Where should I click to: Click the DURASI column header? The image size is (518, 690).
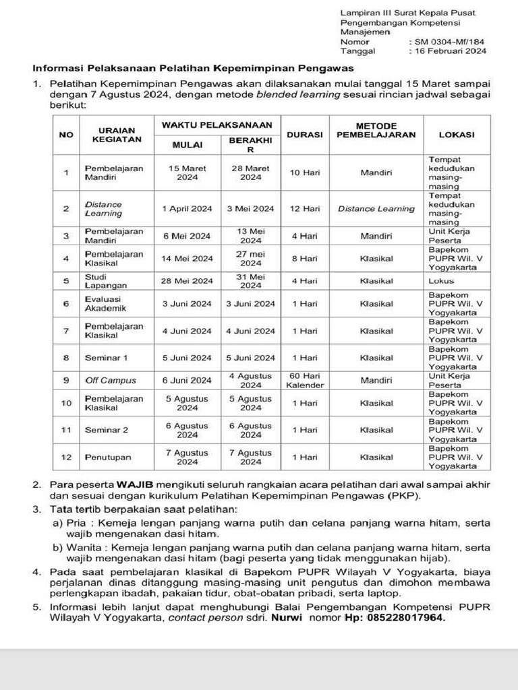coord(305,135)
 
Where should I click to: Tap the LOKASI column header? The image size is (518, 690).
coord(457,135)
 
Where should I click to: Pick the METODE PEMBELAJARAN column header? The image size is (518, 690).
coord(376,131)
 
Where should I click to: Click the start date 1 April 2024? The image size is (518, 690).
coord(187,209)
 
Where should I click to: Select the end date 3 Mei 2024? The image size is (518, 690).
coord(250,209)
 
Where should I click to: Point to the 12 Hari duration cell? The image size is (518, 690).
coord(305,209)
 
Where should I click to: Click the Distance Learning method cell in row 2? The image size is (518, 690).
coord(376,209)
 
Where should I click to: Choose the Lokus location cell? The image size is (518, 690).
coord(442,281)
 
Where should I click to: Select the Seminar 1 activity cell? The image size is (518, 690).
coord(106,358)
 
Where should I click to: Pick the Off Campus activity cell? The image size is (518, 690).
coord(110,381)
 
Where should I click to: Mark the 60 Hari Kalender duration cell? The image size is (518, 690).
coord(305,381)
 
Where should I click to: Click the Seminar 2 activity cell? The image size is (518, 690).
coord(106,430)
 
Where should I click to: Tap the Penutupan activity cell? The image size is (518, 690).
coord(109,457)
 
